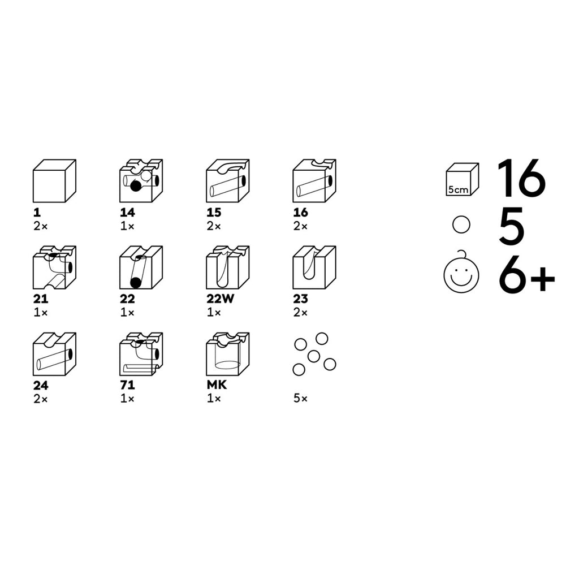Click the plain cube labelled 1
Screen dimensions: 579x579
tap(55, 181)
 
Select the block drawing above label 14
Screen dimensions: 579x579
tap(141, 181)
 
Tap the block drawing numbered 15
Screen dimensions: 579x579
tap(228, 181)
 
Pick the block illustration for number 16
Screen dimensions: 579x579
tap(314, 181)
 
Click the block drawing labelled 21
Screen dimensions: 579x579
tap(55, 267)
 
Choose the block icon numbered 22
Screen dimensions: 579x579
tap(141, 267)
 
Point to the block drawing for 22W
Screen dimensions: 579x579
tap(228, 267)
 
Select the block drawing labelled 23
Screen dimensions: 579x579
tap(314, 267)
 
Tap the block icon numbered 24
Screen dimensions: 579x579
tap(55, 354)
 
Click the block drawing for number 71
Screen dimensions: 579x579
tap(141, 354)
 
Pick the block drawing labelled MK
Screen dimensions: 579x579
tap(228, 354)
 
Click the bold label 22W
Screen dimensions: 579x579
tap(221, 299)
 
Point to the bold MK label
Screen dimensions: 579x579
tap(217, 385)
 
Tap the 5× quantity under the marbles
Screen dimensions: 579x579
tap(301, 399)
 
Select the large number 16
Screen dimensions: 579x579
tap(521, 178)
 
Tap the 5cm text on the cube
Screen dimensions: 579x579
tap(458, 190)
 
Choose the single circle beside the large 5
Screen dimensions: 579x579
tap(461, 224)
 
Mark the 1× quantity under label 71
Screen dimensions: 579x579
tap(127, 399)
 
